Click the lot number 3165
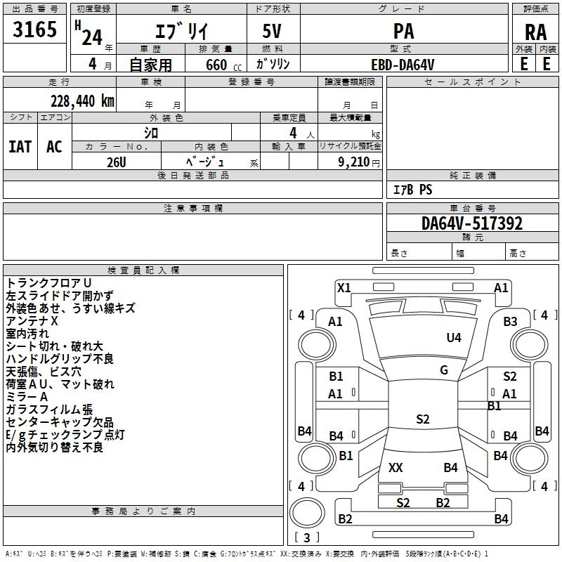[x=35, y=31]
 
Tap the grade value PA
[x=403, y=31]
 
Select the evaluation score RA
[x=535, y=32]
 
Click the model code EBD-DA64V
[x=403, y=64]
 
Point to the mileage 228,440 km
[x=82, y=100]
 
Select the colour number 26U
[x=116, y=161]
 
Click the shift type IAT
[x=20, y=147]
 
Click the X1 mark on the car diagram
[x=344, y=287]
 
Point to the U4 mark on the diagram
[x=454, y=338]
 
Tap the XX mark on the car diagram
[x=396, y=467]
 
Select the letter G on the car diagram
[x=444, y=370]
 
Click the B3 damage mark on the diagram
[x=510, y=321]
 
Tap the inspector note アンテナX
[x=32, y=320]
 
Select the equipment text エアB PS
[x=412, y=190]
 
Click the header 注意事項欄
[x=192, y=209]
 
